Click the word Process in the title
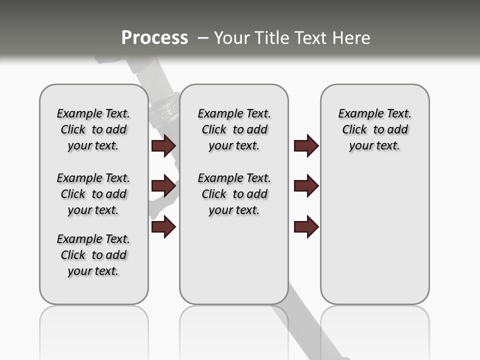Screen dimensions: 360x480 coord(154,38)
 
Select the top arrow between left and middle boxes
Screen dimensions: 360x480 coord(163,146)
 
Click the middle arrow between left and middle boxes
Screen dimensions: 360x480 coord(163,186)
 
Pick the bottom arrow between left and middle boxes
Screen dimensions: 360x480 coord(163,227)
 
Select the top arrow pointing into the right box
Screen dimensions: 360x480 coord(306,146)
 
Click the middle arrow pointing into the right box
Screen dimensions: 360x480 coord(306,186)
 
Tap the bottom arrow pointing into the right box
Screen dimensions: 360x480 coord(306,227)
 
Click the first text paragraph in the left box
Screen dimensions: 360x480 coord(93,129)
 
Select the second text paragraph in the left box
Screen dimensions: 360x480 coord(93,194)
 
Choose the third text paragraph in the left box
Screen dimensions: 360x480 coord(93,255)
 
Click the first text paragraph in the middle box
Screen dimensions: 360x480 coord(234,129)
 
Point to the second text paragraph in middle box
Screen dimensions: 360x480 coord(234,194)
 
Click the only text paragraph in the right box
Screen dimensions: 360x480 coord(375,129)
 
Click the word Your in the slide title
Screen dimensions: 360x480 coord(231,38)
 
